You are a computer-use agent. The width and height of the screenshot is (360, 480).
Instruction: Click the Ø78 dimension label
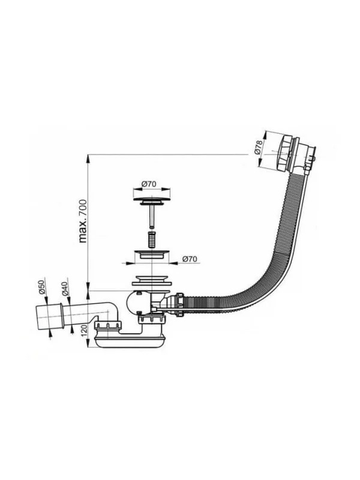pyautogui.click(x=259, y=146)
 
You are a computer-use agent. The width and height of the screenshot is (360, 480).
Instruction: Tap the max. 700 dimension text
pyautogui.click(x=83, y=221)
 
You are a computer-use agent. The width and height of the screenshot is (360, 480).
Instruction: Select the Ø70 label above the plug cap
pyautogui.click(x=149, y=184)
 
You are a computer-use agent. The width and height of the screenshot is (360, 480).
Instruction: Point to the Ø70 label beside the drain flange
pyautogui.click(x=190, y=259)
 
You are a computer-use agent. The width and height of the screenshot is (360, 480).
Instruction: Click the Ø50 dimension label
pyautogui.click(x=42, y=287)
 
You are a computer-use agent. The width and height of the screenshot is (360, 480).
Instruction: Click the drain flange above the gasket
pyautogui.click(x=152, y=254)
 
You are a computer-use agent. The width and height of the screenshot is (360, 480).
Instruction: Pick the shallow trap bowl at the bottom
pyautogui.click(x=131, y=341)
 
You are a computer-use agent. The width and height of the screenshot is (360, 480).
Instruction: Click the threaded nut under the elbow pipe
pyautogui.click(x=109, y=325)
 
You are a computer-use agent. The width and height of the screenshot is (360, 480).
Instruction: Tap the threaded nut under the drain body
pyautogui.click(x=152, y=320)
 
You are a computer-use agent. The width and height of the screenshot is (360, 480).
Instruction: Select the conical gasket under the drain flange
pyautogui.click(x=152, y=280)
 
